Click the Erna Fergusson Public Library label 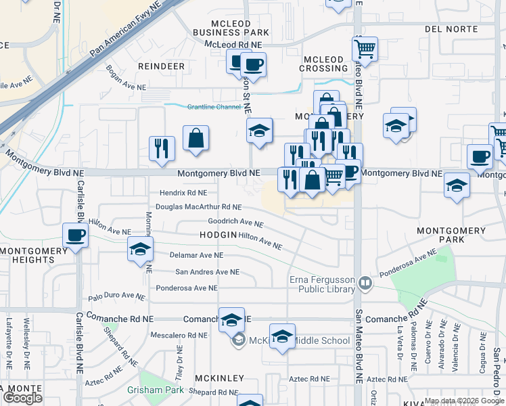point(322,285)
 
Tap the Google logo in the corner point(22,398)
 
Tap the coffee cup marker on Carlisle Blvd point(76,237)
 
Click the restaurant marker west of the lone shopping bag point(162,149)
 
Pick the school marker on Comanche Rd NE point(231,321)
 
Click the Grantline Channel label point(214,107)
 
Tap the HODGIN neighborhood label point(218,234)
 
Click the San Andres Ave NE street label point(208,272)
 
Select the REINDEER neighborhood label point(161,66)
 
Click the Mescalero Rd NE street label point(179,335)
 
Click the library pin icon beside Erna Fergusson point(365,281)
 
